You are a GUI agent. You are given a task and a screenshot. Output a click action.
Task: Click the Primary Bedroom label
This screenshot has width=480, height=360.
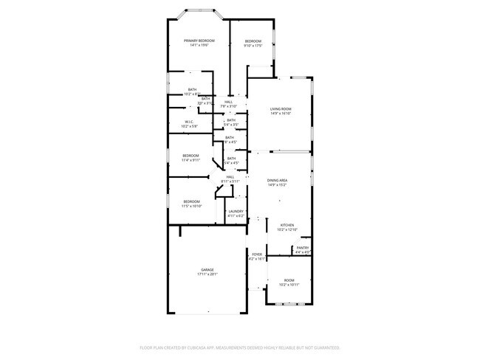199,41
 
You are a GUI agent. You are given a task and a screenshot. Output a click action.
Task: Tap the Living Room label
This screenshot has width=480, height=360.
281,109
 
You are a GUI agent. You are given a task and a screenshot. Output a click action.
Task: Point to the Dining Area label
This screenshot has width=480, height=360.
278,181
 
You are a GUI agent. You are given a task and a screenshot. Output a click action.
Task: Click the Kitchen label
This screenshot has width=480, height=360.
287,225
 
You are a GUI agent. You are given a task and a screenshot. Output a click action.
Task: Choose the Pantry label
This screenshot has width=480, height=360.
303,248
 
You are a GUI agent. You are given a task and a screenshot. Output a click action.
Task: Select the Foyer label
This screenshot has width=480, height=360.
256,255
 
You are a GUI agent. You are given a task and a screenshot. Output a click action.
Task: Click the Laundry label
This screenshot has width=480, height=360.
236,212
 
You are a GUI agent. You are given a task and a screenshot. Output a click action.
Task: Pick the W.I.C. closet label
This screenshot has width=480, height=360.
190,122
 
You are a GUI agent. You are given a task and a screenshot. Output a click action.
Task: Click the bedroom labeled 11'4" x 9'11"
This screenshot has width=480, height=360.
191,156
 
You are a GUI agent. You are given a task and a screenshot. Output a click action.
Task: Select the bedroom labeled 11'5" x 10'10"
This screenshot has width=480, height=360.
191,202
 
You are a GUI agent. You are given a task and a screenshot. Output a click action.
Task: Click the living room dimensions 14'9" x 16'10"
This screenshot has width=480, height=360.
281,114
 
